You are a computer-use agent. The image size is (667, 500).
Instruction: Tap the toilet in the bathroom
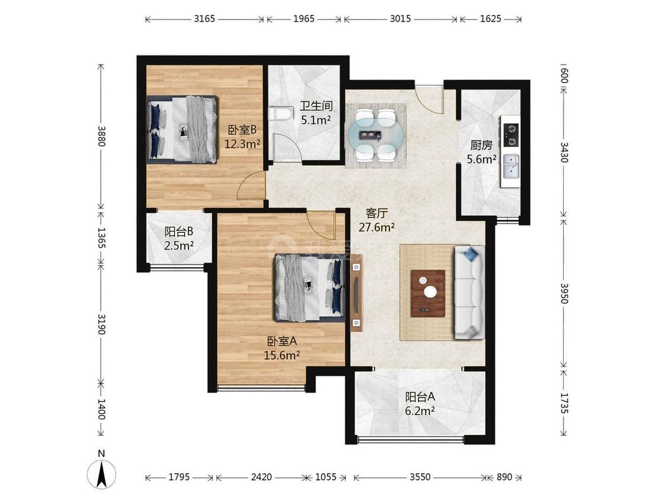281,114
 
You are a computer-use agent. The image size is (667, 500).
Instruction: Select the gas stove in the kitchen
511,134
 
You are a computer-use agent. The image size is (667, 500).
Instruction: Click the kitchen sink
511,166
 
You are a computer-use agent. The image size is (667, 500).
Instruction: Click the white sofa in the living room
470,293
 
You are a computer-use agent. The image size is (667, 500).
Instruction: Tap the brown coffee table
428,293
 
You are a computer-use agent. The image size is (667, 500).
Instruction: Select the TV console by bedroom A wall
356,293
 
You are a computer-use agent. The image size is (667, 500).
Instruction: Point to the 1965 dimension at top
304,19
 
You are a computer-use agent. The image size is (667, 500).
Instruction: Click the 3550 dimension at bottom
420,477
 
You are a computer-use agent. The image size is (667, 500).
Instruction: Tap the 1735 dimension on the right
564,403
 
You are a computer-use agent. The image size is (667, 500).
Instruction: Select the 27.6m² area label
376,227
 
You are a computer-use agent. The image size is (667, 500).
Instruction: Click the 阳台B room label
179,232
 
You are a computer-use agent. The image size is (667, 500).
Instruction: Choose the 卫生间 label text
316,106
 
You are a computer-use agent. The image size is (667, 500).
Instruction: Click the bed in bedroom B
182,129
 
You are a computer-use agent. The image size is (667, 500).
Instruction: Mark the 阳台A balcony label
420,397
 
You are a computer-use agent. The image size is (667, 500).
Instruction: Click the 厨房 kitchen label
481,145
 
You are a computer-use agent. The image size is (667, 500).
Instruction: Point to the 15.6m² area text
282,355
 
